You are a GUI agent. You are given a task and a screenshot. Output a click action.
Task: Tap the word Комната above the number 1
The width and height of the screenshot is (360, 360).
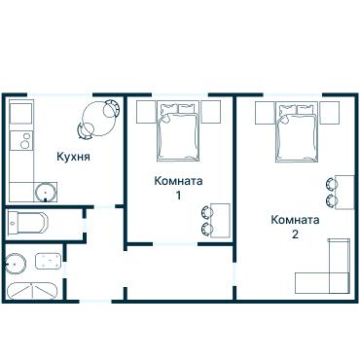pos(178,181)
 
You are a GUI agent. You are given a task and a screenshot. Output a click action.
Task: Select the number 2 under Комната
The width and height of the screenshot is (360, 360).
pos(294,234)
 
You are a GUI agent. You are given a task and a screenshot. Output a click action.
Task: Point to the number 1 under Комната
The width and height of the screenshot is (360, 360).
pos(178,196)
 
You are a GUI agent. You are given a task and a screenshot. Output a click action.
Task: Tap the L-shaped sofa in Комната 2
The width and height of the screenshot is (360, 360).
pos(326,272)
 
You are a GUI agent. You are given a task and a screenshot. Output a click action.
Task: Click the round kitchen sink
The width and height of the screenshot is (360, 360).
pos(43,191)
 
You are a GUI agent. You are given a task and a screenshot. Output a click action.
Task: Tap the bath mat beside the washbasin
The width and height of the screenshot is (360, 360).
pos(46,262)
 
